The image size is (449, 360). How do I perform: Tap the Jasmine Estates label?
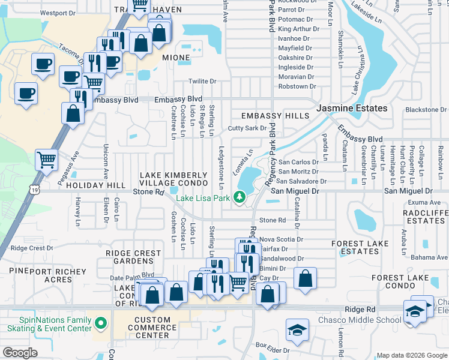[x=352, y=108]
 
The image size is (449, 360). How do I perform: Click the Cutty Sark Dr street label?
[x=247, y=128]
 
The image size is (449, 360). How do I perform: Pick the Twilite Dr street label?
[x=202, y=81]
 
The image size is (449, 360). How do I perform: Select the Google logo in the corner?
[x=20, y=353]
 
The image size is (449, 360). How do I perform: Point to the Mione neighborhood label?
[x=176, y=58]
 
